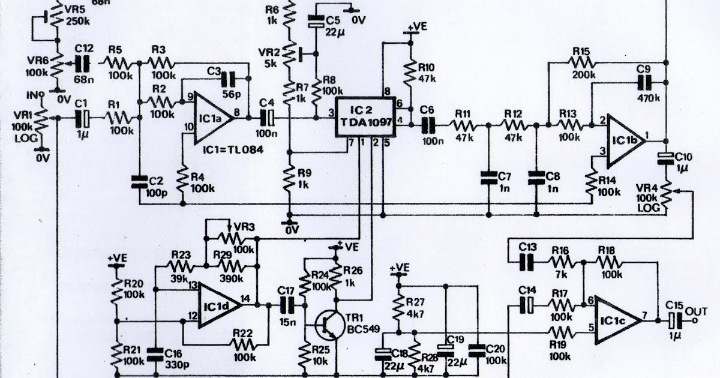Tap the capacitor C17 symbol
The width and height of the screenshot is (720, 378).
(x=287, y=305)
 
